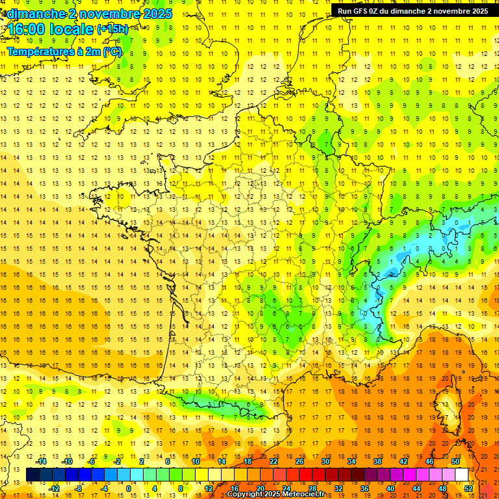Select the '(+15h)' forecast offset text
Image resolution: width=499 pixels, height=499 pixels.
tap(112, 29)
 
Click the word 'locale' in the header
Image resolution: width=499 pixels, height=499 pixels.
tap(72, 29)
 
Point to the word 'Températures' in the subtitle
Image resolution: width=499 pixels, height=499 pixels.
tap(40, 52)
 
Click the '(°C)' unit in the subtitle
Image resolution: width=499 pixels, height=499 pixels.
tap(112, 52)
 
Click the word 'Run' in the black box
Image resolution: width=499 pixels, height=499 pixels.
tap(345, 11)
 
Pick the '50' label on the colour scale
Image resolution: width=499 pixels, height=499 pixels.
tap(455, 461)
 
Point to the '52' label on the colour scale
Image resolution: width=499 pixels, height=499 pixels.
tap(468, 489)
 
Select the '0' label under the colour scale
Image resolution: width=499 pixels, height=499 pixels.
tap(129, 489)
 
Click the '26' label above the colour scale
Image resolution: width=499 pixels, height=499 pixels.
tap(300, 461)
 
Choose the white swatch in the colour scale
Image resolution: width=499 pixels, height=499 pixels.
tap(461, 475)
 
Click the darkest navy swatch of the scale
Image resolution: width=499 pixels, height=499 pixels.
tap(32, 475)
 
